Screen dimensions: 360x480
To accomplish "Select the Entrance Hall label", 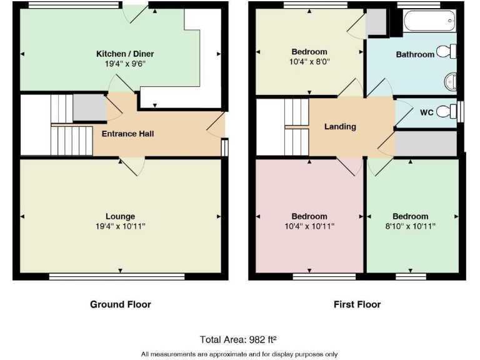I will pos(127,134).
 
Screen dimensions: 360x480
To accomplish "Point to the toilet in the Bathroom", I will pos(446,51).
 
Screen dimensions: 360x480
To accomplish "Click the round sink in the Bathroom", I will pos(450,81).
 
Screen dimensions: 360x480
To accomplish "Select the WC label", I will pos(427,113).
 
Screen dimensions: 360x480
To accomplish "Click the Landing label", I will pos(340,127).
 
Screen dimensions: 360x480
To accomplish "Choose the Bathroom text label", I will pos(415,54).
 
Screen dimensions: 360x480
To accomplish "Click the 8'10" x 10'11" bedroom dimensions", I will pos(411,226).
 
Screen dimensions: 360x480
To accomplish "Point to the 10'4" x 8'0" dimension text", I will pos(309,61).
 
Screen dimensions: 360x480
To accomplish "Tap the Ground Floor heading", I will pos(121,304).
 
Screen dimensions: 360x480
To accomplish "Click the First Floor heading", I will pos(357,304).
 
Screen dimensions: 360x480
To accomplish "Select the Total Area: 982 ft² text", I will pos(238,339).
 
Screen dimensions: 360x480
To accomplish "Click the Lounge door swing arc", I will pos(133,166).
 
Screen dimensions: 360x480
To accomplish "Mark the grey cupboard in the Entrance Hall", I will pos(89,108).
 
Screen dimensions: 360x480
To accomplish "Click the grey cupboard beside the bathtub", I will pos(376,22).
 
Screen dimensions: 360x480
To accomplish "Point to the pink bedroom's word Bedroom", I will pos(309,217).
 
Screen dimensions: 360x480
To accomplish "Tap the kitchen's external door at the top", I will pos(136,12).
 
